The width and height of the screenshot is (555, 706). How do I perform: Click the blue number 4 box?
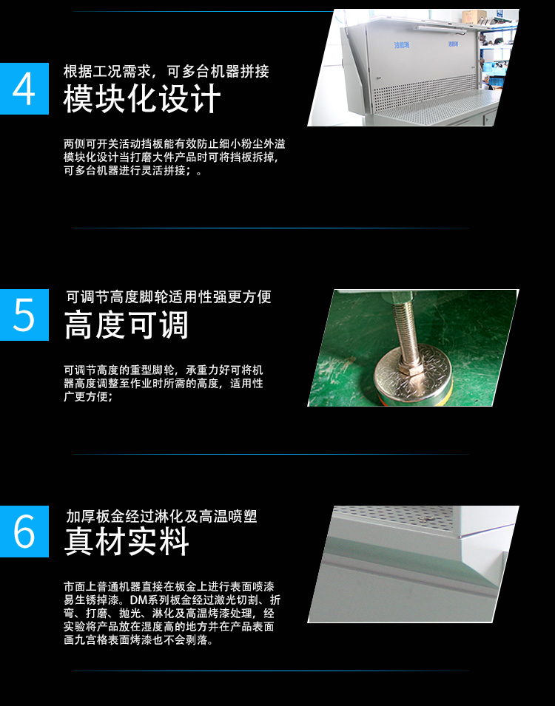pyautogui.click(x=24, y=89)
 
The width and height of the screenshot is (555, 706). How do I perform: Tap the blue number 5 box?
pyautogui.click(x=24, y=315)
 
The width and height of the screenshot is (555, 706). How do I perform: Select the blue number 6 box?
pyautogui.click(x=24, y=532)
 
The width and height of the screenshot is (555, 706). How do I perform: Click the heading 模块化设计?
pyautogui.click(x=142, y=99)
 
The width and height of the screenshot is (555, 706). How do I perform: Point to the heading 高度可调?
pyautogui.click(x=127, y=325)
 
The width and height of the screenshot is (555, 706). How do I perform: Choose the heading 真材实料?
pyautogui.click(x=127, y=541)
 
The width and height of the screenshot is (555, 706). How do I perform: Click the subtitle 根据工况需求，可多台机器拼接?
pyautogui.click(x=166, y=71)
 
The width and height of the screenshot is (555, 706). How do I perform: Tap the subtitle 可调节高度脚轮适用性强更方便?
pyautogui.click(x=169, y=296)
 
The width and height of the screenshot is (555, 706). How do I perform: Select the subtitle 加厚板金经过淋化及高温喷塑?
pyautogui.click(x=161, y=516)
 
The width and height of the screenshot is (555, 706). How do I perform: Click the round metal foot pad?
pyautogui.click(x=413, y=374)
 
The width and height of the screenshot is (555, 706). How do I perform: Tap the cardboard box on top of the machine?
pyautogui.click(x=474, y=16)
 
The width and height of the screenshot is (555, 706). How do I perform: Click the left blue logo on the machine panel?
pyautogui.click(x=401, y=45)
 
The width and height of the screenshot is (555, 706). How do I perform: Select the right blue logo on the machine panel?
pyautogui.click(x=453, y=44)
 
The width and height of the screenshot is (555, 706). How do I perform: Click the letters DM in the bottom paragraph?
pyautogui.click(x=138, y=600)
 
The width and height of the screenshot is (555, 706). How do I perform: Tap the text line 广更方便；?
pyautogui.click(x=88, y=397)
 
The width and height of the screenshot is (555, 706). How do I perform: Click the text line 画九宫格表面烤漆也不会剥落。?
pyautogui.click(x=138, y=639)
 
